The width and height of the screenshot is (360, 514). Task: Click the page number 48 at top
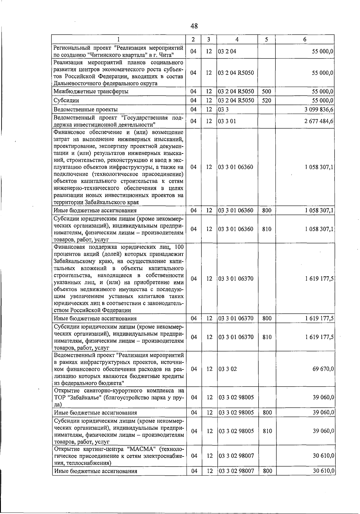[x=194, y=26]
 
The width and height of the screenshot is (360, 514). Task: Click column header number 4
[x=237, y=39]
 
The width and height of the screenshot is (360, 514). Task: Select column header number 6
[x=304, y=39]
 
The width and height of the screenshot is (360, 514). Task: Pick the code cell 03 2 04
[x=227, y=51]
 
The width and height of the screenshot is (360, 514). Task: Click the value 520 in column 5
[x=267, y=100]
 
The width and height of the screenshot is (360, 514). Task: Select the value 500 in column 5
[x=267, y=91]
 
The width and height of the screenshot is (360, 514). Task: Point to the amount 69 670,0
[x=323, y=369]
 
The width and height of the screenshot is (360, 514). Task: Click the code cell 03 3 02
[x=227, y=369]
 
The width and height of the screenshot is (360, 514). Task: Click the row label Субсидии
[x=66, y=100]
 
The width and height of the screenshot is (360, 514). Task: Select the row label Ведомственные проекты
[x=85, y=109]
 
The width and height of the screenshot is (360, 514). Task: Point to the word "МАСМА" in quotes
[x=141, y=449]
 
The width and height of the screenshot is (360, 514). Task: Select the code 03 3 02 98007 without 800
[x=236, y=456]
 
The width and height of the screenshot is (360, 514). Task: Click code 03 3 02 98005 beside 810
[x=236, y=431]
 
